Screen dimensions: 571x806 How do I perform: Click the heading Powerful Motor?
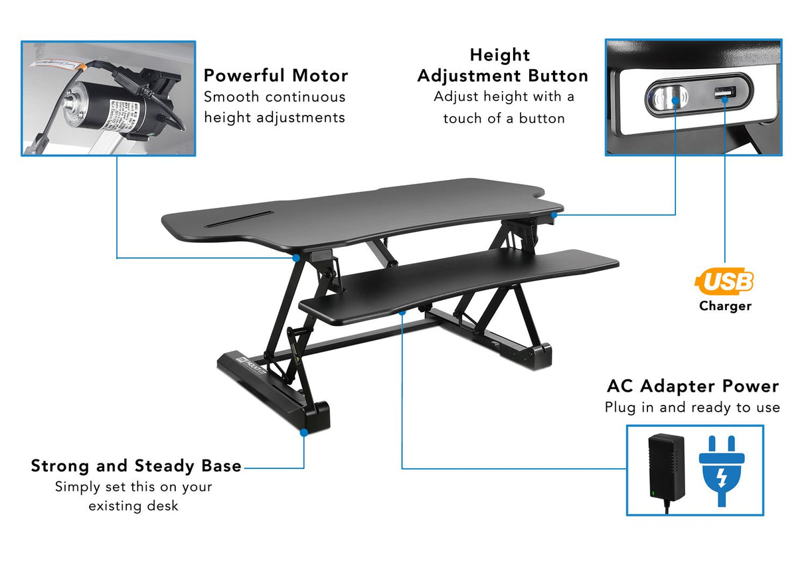pyautogui.click(x=276, y=75)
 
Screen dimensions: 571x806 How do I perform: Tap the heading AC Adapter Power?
pyautogui.click(x=692, y=386)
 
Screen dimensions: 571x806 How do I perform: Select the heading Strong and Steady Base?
pyautogui.click(x=136, y=466)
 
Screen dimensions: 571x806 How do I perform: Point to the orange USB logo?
pyautogui.click(x=725, y=282)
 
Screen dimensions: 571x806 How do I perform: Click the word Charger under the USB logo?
pyautogui.click(x=725, y=306)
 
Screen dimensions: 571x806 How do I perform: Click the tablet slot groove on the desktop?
pyautogui.click(x=239, y=218)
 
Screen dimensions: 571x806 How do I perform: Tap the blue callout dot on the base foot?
pyautogui.click(x=303, y=432)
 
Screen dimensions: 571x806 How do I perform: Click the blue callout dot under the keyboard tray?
pyautogui.click(x=402, y=311)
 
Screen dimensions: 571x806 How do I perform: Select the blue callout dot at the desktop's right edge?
pyautogui.click(x=553, y=214)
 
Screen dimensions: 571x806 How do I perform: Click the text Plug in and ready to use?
pyautogui.click(x=692, y=408)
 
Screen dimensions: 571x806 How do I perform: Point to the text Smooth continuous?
pyautogui.click(x=275, y=97)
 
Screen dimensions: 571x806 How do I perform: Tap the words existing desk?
pyautogui.click(x=133, y=506)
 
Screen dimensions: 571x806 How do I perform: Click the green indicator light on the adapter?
pyautogui.click(x=654, y=493)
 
